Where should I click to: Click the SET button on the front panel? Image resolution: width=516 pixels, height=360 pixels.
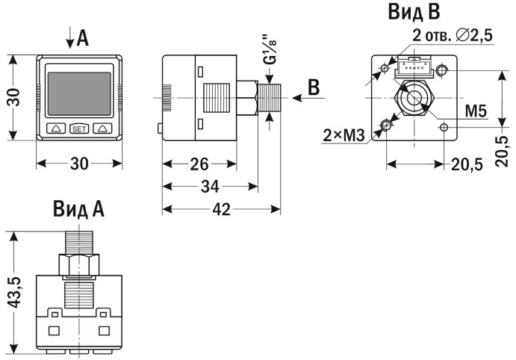(78, 128)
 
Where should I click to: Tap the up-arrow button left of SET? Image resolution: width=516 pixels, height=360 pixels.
(56, 128)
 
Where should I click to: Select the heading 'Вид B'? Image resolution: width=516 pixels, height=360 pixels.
(414, 12)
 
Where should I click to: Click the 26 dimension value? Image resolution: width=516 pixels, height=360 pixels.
(199, 162)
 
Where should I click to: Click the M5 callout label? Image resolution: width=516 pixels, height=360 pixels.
(476, 111)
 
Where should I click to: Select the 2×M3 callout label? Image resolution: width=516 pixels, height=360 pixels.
(344, 135)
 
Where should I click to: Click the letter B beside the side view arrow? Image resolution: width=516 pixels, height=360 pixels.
(314, 87)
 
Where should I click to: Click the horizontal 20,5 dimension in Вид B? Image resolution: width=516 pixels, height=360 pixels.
(467, 164)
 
